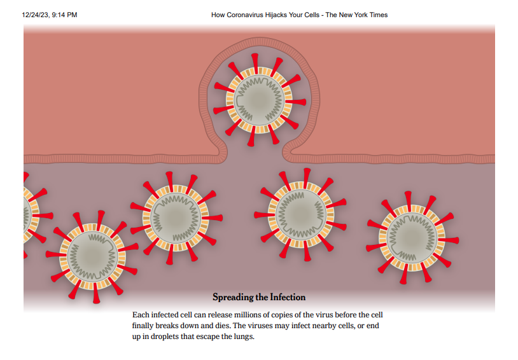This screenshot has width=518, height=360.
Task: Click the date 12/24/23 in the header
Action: [36, 15]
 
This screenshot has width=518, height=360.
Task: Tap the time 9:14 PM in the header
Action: [64, 15]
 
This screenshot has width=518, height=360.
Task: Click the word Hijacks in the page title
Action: [276, 15]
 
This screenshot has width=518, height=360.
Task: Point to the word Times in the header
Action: [379, 15]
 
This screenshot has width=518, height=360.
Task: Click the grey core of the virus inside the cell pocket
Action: [259, 100]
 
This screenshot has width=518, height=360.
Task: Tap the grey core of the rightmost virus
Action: [412, 238]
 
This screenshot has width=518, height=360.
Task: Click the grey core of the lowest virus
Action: [93, 256]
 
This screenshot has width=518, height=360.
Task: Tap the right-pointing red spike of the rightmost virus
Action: [448, 240]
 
